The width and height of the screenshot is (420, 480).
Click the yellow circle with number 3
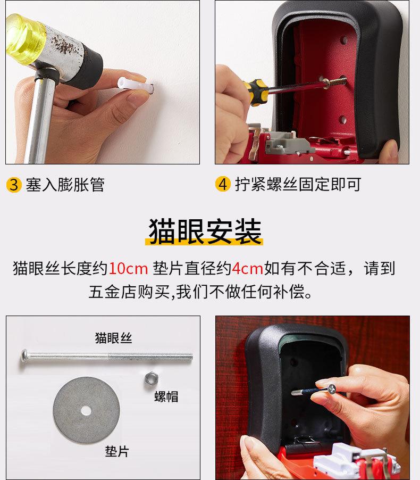(14, 185)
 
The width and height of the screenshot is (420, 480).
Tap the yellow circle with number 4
(223, 184)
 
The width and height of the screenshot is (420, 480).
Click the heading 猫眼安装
(205, 231)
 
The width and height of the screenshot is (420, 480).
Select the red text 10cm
(128, 268)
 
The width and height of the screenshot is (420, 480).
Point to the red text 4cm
(247, 268)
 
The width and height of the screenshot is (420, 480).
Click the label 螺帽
(166, 396)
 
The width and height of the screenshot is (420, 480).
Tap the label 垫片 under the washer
(117, 451)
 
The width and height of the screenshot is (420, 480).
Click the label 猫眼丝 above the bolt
(113, 338)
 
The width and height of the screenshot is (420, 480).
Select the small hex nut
(151, 379)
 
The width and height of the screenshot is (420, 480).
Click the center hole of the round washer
(86, 411)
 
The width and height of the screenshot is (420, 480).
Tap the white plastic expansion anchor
(134, 85)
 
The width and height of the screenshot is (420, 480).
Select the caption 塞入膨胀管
(65, 185)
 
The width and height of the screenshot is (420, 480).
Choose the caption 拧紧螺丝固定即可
(298, 184)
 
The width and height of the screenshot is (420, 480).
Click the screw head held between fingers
(331, 389)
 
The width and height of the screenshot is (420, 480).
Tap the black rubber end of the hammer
(87, 67)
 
